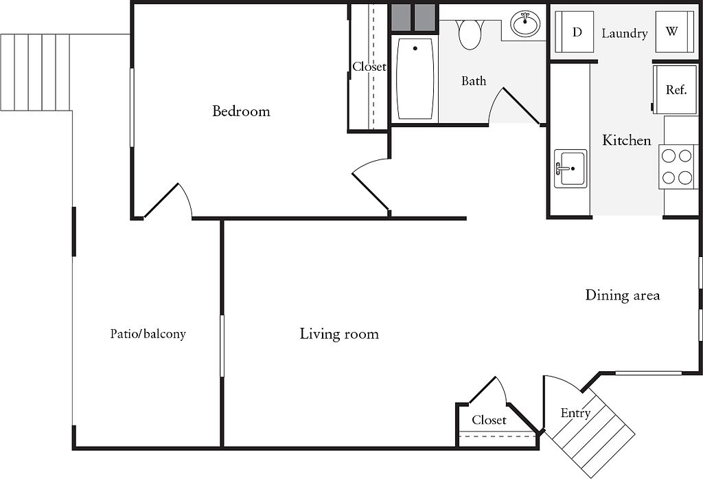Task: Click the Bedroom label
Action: tap(241, 111)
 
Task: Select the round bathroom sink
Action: tap(526, 24)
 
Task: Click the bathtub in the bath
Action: tap(415, 78)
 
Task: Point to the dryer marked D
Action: tap(575, 32)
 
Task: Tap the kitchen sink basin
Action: tap(571, 168)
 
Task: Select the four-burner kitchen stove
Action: tap(678, 167)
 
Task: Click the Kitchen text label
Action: tap(626, 140)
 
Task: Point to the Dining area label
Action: tap(622, 295)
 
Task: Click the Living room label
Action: tap(339, 334)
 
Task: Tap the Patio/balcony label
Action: tap(148, 334)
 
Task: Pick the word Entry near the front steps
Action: tap(575, 414)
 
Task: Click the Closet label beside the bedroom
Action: tap(369, 67)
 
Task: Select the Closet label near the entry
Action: tap(489, 420)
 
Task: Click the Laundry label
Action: tap(625, 34)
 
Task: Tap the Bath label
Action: tap(474, 81)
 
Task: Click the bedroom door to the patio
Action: tap(168, 201)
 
